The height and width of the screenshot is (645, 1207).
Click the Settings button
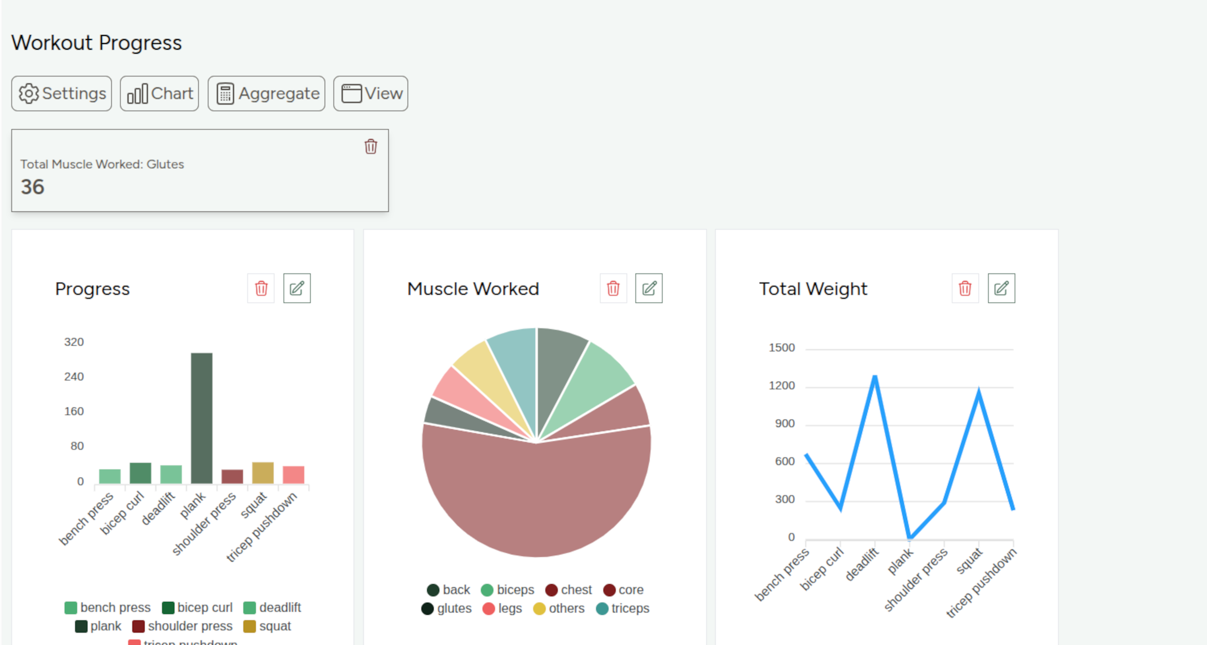pyautogui.click(x=62, y=93)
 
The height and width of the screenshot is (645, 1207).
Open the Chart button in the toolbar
pyautogui.click(x=159, y=93)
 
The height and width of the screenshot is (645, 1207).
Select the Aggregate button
pyautogui.click(x=266, y=93)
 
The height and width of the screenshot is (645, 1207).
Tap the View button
pyautogui.click(x=371, y=93)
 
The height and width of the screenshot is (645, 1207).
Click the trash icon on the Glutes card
pyautogui.click(x=371, y=146)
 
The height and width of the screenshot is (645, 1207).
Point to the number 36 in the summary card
pyautogui.click(x=32, y=187)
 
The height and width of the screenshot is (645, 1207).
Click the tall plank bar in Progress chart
pyautogui.click(x=202, y=417)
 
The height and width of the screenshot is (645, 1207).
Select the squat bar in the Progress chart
pyautogui.click(x=263, y=473)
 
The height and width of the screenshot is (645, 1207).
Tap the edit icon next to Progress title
pyautogui.click(x=297, y=288)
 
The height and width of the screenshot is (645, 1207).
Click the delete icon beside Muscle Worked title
pyautogui.click(x=613, y=288)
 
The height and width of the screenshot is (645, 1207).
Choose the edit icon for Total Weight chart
pyautogui.click(x=1001, y=288)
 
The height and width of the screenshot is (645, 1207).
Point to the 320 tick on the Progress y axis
pyautogui.click(x=74, y=342)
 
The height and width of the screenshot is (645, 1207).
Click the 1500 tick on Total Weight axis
pyautogui.click(x=782, y=348)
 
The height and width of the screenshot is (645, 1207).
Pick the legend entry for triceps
pyautogui.click(x=623, y=608)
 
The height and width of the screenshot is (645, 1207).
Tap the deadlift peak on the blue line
pyautogui.click(x=875, y=377)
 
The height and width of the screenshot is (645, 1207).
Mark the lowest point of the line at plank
pyautogui.click(x=909, y=537)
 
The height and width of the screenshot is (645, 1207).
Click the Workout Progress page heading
pyautogui.click(x=97, y=43)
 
